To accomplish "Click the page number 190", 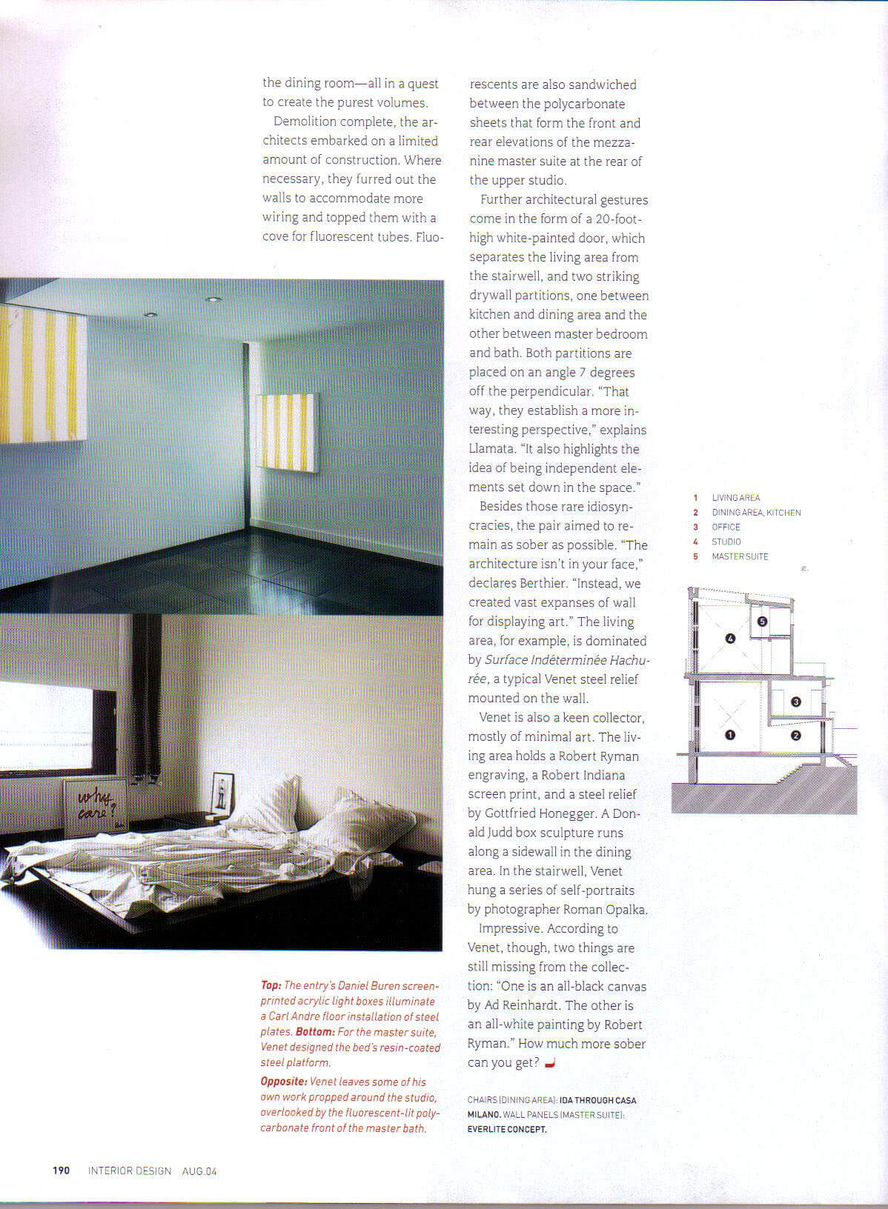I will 61,1170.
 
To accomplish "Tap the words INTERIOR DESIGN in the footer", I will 130,1170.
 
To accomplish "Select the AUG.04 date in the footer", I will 199,1171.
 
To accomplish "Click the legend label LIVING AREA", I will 735,498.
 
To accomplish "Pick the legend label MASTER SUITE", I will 740,556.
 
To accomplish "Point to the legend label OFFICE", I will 726,527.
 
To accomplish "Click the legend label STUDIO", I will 726,542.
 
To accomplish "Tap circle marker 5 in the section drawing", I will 762,622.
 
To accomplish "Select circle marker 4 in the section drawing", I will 730,639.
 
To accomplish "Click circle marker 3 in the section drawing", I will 795,702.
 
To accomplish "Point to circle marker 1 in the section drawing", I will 729,736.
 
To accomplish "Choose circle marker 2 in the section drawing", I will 795,736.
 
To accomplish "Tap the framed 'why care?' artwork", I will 96,808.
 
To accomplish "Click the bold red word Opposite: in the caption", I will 284,1082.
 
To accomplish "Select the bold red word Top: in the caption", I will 271,985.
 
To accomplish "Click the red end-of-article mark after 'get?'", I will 549,1064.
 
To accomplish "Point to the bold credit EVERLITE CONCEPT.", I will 507,1129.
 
